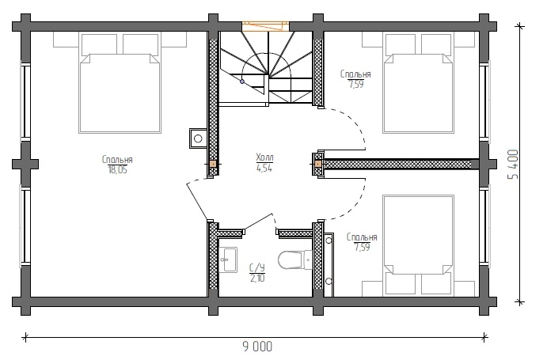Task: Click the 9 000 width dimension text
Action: pyautogui.click(x=257, y=347)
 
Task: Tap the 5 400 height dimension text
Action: pyautogui.click(x=513, y=165)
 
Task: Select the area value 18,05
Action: pyautogui.click(x=118, y=170)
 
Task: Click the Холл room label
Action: pyautogui.click(x=264, y=157)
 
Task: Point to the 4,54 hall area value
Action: pyautogui.click(x=264, y=169)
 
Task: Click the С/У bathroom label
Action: pyautogui.click(x=257, y=267)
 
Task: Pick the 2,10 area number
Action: pyautogui.click(x=257, y=278)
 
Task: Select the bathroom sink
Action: pyautogui.click(x=228, y=260)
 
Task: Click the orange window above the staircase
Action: pyautogui.click(x=266, y=26)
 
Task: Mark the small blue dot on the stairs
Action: pyautogui.click(x=241, y=81)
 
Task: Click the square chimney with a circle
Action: pyautogui.click(x=198, y=138)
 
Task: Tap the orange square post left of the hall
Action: pyautogui.click(x=213, y=164)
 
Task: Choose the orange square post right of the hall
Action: pyautogui.click(x=317, y=164)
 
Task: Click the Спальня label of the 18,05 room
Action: pyautogui.click(x=117, y=159)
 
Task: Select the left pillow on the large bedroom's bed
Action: pyautogui.click(x=100, y=44)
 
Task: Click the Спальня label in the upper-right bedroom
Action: pyautogui.click(x=355, y=74)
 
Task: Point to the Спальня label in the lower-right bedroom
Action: pyautogui.click(x=362, y=237)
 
